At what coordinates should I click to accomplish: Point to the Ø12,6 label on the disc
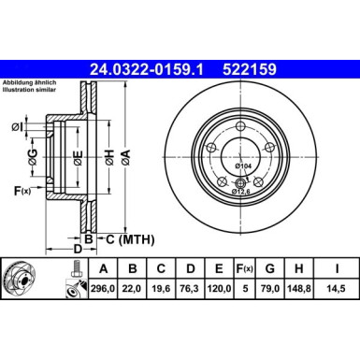tap(242, 191)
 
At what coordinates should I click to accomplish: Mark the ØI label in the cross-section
tap(18, 127)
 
